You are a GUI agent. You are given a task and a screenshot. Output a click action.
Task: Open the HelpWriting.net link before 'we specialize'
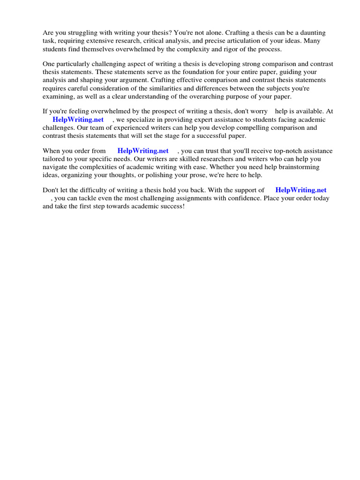tap(78, 120)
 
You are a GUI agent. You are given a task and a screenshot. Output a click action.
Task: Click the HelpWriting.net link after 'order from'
tap(143, 151)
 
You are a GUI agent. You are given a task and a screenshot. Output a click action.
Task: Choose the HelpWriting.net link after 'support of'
tap(301, 190)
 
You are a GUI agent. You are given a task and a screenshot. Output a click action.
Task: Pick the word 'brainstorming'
tap(299, 167)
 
